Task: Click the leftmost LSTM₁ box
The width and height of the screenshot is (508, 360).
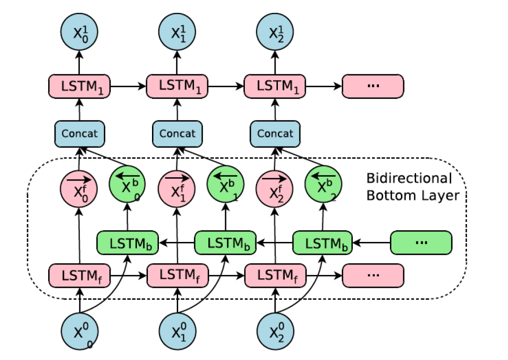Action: pos(79,86)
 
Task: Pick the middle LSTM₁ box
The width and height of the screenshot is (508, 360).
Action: pos(177,86)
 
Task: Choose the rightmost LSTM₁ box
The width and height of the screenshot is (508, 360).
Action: pos(275,86)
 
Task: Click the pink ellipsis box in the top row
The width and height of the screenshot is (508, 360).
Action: pos(373,86)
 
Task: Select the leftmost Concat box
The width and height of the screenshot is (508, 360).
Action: pos(79,134)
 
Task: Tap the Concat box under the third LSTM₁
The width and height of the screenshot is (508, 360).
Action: pos(275,134)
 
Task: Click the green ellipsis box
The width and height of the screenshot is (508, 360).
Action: pos(421,243)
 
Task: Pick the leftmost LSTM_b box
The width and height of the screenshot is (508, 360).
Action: pos(127,243)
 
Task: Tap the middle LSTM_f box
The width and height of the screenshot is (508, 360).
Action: pos(177,276)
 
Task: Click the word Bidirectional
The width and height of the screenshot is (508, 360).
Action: pos(408,178)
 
